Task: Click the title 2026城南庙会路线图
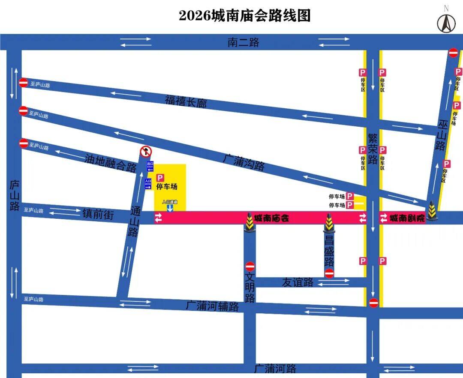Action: [x=244, y=16]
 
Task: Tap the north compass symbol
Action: [x=446, y=21]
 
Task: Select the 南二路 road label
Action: [x=243, y=42]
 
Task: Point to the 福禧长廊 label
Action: [x=186, y=101]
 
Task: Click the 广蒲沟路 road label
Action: [x=244, y=162]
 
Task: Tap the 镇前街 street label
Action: [x=98, y=214]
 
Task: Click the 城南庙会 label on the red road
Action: [x=271, y=218]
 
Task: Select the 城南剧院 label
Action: [x=407, y=218]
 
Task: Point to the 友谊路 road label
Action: [x=298, y=282]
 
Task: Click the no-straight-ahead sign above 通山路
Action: [x=146, y=152]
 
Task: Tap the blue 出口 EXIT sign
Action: [x=150, y=166]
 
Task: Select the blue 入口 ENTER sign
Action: [x=148, y=184]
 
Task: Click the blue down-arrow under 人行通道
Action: [x=170, y=208]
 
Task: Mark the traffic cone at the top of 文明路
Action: [x=250, y=223]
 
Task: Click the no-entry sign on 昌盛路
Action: [x=329, y=274]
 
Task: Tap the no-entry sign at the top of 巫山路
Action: [x=453, y=53]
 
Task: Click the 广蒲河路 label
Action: [x=275, y=368]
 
